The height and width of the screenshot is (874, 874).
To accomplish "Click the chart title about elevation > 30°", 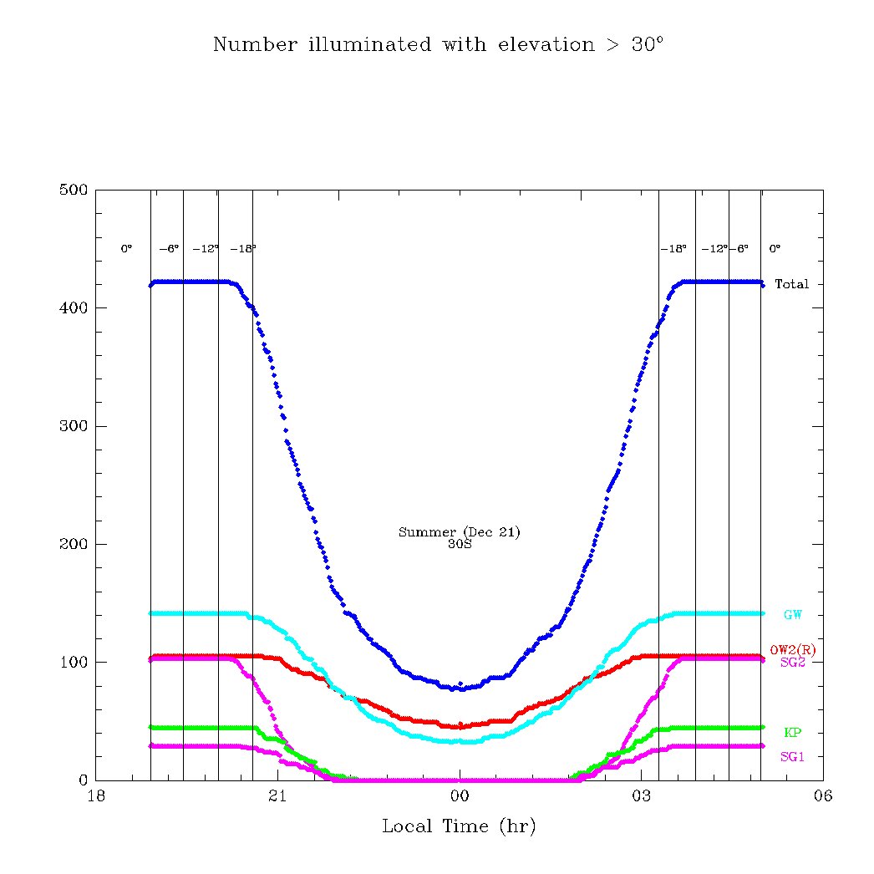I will click(x=438, y=44).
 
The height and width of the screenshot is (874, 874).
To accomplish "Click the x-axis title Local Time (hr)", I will click(x=459, y=827).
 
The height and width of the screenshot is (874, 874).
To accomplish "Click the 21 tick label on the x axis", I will click(x=277, y=796).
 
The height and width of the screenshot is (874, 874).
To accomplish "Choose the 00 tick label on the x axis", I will click(x=460, y=796).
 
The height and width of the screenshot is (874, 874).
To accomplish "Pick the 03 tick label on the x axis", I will click(x=641, y=796).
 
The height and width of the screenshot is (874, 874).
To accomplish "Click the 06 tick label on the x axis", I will click(x=822, y=796).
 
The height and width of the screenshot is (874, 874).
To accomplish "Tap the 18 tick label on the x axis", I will click(x=96, y=796).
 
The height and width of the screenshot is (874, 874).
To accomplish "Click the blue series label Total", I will click(x=791, y=284).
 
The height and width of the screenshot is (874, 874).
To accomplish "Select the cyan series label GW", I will click(x=792, y=615).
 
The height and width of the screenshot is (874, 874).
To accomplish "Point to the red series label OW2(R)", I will click(x=792, y=650).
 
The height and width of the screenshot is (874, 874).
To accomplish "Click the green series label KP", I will click(x=792, y=733).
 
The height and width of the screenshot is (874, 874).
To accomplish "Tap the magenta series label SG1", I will click(x=792, y=757).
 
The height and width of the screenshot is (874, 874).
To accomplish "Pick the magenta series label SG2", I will click(x=792, y=662).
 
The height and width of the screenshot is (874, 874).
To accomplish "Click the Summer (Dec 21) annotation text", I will click(x=459, y=532).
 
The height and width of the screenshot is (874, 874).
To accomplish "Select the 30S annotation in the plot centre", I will click(x=460, y=544).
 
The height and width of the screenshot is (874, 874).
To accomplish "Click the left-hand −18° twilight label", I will click(x=242, y=249).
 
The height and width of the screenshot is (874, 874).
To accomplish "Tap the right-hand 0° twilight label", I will click(x=775, y=249).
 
